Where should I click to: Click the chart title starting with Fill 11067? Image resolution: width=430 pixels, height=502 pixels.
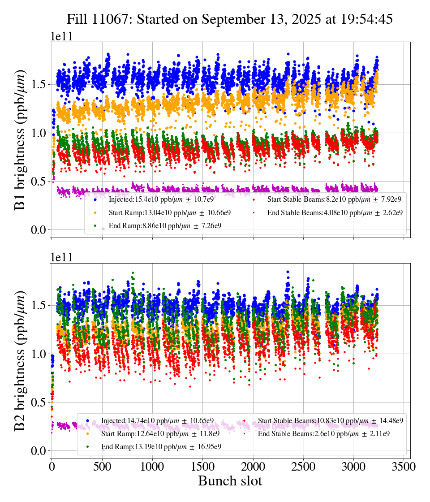tap(230, 19)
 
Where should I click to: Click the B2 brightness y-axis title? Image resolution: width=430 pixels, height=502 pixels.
tap(20, 360)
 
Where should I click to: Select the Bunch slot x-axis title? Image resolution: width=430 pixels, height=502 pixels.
tap(230, 481)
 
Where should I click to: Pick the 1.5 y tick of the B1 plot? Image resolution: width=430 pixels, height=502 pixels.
tap(39, 84)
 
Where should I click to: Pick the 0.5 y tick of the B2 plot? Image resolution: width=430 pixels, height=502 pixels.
tap(39, 402)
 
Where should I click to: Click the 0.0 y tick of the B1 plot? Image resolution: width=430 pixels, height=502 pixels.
tap(39, 229)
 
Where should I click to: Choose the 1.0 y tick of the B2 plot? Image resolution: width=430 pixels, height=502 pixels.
tap(39, 354)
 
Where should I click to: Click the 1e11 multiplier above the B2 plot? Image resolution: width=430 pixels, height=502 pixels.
tap(61, 257)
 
